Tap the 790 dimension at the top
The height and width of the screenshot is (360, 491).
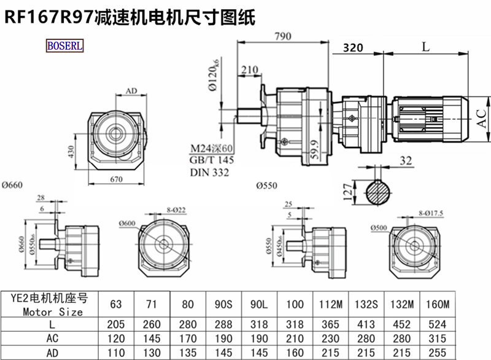click(282, 36)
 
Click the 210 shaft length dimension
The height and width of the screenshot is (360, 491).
click(249, 70)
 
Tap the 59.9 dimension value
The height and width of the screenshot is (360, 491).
click(314, 151)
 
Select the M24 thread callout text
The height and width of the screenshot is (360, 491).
click(211, 149)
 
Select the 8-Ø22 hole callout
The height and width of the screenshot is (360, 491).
click(176, 211)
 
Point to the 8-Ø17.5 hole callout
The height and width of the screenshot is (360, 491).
click(430, 213)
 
